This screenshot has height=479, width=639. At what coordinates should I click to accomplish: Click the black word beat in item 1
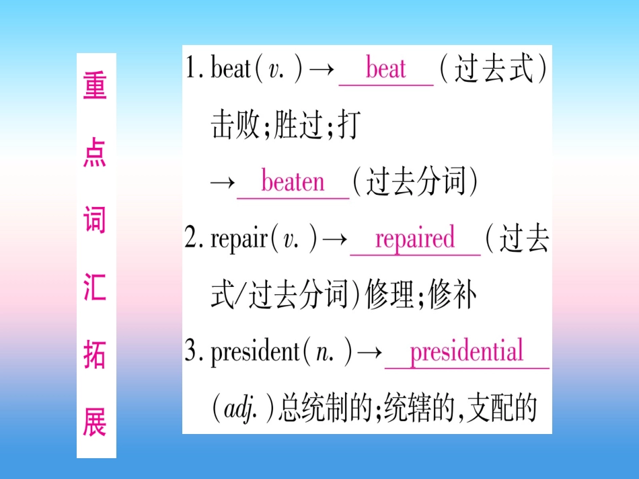tap(231, 69)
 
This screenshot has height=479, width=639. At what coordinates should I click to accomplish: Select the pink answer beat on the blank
tap(386, 69)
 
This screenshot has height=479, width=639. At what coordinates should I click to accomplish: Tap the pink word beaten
tap(293, 182)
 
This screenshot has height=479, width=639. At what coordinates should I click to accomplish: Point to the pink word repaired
tap(414, 238)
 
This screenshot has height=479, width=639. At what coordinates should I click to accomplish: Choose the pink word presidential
tap(466, 352)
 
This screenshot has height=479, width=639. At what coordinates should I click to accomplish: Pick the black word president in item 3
tap(254, 353)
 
